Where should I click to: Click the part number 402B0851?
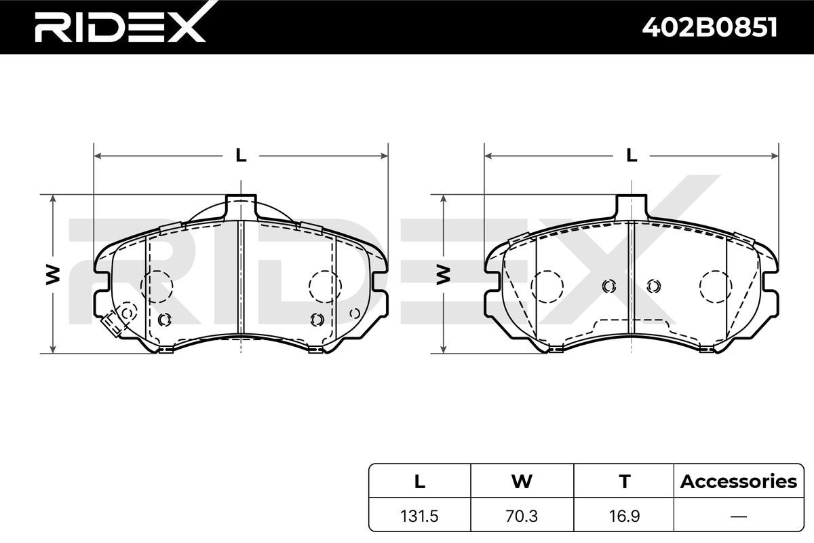(710, 27)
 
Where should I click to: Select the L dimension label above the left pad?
(241, 155)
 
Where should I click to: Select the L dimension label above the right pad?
(632, 155)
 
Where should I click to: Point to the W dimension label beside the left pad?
(53, 275)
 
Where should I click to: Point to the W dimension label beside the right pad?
(444, 275)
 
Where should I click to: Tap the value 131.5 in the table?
(419, 516)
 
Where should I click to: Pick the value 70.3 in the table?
(522, 516)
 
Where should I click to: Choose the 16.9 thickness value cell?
(624, 516)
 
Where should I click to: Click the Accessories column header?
(739, 481)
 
